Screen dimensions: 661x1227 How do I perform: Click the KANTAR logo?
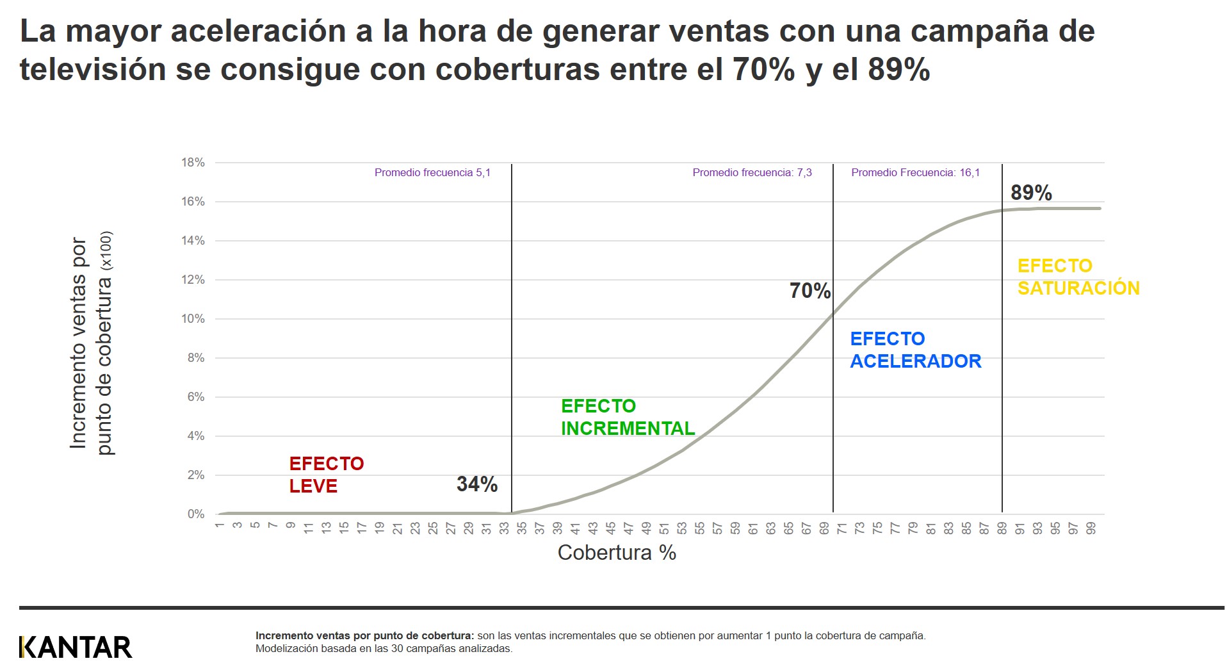pos(76,646)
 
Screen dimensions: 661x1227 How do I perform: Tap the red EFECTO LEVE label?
pos(326,475)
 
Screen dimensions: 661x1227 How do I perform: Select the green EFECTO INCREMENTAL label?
pos(627,417)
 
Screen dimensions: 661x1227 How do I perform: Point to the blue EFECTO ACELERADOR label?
pos(914,350)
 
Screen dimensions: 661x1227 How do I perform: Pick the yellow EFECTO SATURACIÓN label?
pos(1078,277)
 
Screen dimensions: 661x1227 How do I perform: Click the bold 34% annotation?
pos(476,484)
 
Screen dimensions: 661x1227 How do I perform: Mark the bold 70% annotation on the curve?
pos(809,291)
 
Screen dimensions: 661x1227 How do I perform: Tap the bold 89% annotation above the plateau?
pos(1030,192)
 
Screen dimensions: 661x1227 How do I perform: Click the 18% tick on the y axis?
pos(193,163)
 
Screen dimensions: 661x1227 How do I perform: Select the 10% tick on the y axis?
pos(193,319)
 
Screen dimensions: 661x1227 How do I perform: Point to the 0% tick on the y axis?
pos(195,514)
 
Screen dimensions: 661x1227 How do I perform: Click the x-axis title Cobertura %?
pos(616,552)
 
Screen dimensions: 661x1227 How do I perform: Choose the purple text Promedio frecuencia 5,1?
pos(432,172)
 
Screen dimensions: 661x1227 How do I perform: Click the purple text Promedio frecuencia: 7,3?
pos(752,172)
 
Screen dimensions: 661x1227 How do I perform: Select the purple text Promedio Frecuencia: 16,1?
pos(915,172)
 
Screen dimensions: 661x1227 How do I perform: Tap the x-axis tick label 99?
pos(1091,528)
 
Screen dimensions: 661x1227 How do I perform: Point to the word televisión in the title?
pos(93,69)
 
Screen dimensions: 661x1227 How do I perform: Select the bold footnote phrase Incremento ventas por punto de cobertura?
pos(364,635)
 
